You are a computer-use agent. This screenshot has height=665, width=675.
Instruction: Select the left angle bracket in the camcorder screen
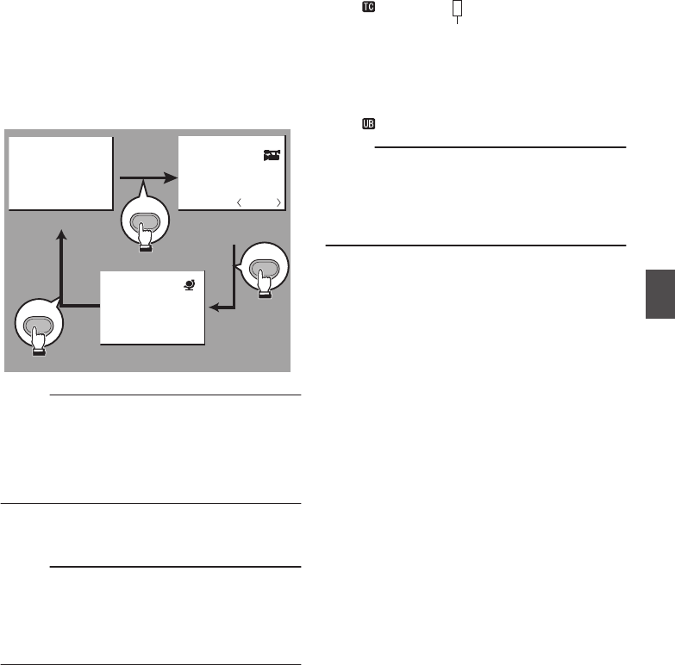(x=241, y=202)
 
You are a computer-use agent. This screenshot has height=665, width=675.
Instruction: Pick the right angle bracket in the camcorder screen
(x=278, y=202)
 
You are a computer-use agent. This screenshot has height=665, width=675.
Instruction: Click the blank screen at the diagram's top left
(x=60, y=172)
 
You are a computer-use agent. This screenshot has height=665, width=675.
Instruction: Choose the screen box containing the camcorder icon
(x=231, y=172)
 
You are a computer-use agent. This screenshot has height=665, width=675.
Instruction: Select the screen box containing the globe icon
(x=153, y=308)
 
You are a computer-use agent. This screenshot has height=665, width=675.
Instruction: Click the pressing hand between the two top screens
(x=142, y=225)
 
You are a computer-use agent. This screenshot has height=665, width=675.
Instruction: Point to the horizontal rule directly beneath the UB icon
(x=499, y=147)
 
